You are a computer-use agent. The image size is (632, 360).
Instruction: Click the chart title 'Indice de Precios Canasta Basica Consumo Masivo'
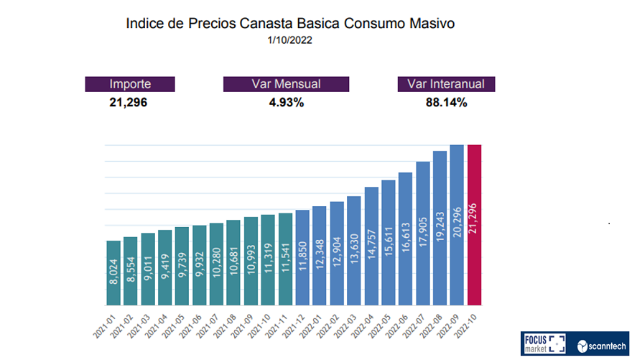coord(290,24)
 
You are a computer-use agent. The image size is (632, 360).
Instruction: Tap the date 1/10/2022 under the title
coord(290,41)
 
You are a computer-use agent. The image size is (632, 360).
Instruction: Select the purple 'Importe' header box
coord(130,84)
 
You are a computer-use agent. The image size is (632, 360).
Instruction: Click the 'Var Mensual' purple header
coord(286,84)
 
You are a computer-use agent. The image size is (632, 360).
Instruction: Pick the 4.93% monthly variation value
coord(285,102)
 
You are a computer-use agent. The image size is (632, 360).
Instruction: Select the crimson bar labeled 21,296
coord(475,225)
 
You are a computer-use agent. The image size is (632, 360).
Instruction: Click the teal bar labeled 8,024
coord(113,273)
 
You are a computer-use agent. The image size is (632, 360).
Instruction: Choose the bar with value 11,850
coord(302,257)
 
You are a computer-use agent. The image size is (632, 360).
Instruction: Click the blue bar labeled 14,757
coord(371,246)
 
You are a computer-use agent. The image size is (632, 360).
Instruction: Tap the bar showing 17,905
coord(423,234)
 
